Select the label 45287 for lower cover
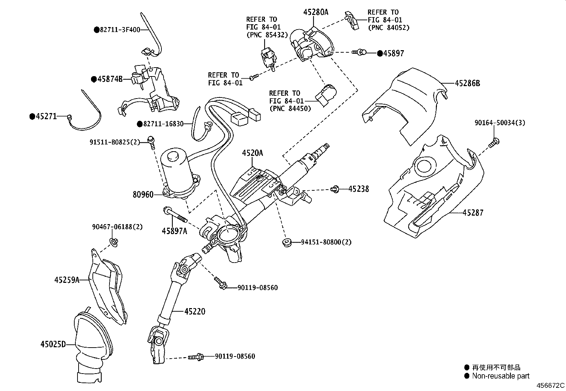tap(473, 213)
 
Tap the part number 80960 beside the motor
tap(143, 195)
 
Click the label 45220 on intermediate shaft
tap(194, 312)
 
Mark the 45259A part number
tap(66, 280)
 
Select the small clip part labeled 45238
tap(335, 189)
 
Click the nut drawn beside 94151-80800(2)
tap(286, 243)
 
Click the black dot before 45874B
tap(94, 79)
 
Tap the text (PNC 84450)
tap(290, 108)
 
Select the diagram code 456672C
tap(550, 385)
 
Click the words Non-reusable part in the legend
tap(501, 376)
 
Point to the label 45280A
tap(316, 12)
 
